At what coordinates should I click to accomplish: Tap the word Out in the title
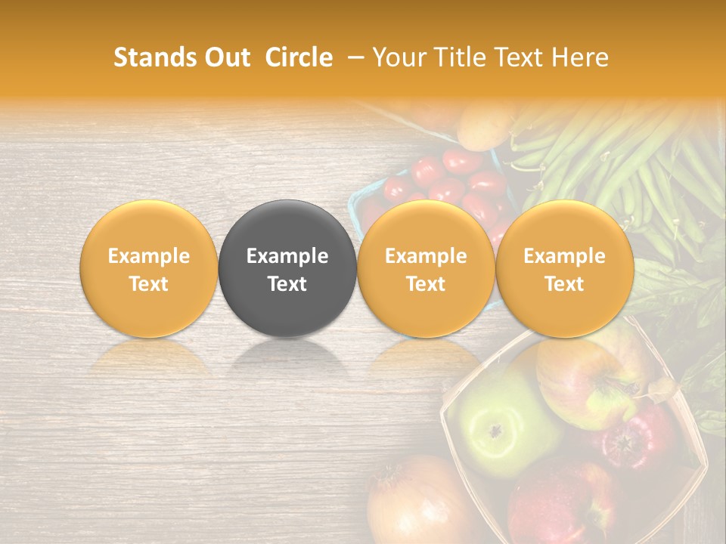227,57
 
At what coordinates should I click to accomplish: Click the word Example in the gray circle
287,256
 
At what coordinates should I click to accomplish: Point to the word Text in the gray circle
287,284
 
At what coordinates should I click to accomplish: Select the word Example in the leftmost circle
149,256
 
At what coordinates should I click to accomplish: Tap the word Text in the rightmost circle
565,284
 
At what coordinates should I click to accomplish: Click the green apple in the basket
492,431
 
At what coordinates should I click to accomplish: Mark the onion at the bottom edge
412,506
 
